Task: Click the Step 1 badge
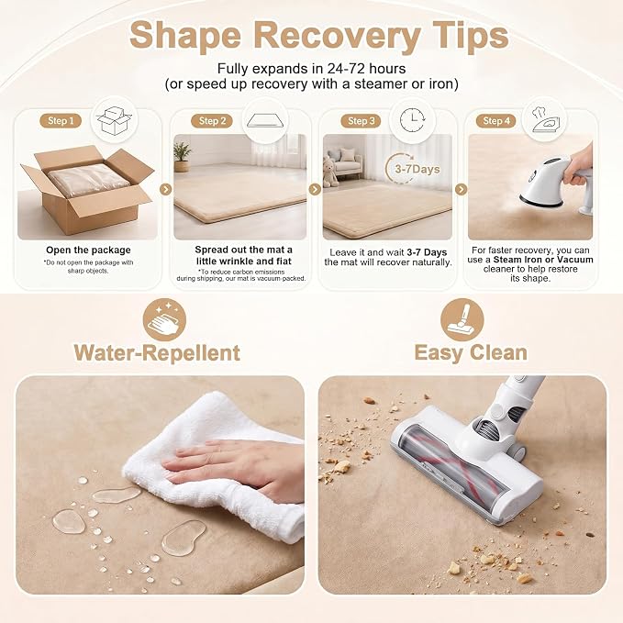(61, 121)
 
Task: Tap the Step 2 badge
(212, 121)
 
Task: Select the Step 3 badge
(361, 121)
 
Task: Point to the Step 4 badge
(495, 121)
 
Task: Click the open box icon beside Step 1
(115, 120)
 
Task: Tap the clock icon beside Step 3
(412, 119)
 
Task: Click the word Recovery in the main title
(337, 36)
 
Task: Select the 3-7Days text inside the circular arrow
(417, 169)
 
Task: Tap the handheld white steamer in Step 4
(554, 181)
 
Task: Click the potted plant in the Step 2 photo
(182, 157)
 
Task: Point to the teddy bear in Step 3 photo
(330, 172)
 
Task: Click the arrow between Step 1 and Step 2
(166, 190)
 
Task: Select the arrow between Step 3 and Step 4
(461, 190)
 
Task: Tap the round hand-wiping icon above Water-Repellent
(164, 320)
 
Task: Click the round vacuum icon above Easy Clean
(462, 320)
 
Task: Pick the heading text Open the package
(88, 250)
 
